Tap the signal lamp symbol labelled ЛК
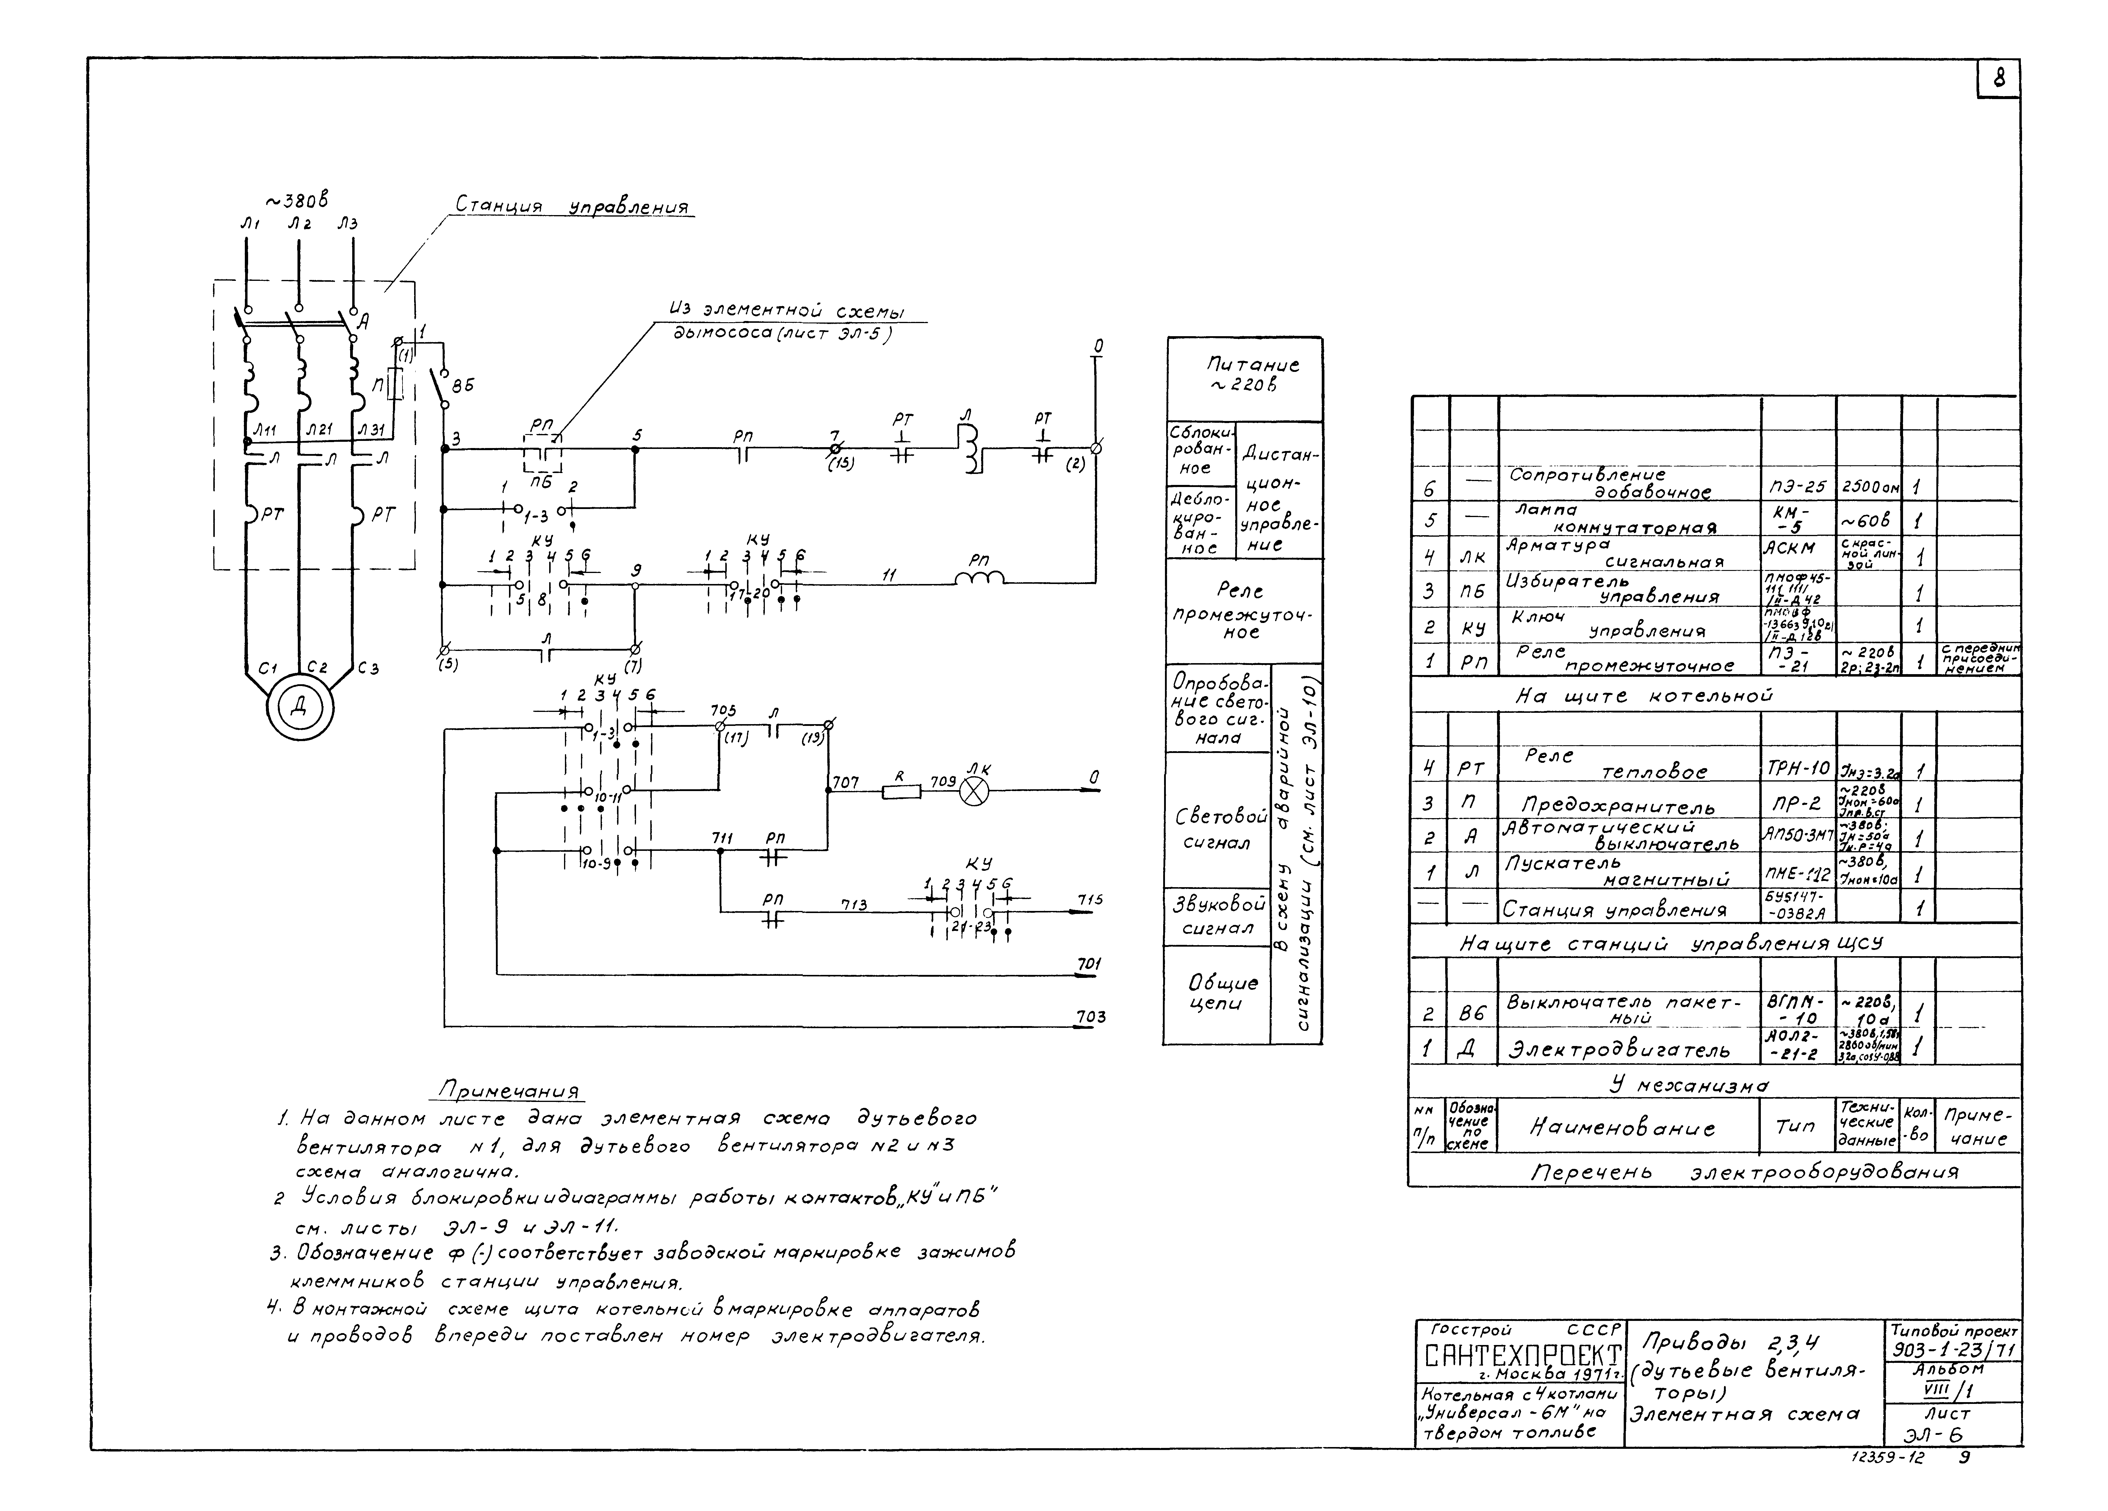click(974, 791)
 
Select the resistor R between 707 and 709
click(900, 791)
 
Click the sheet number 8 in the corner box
click(1998, 80)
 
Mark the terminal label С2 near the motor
click(318, 667)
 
